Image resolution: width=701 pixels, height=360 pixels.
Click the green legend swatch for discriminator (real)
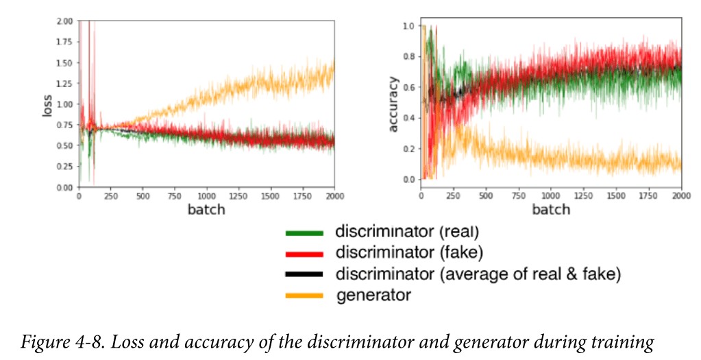coord(304,232)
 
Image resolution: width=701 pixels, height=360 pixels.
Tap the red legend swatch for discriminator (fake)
coord(304,253)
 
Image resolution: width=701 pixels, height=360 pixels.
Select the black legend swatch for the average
coord(304,274)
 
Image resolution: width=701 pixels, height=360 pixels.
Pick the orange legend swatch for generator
coord(304,296)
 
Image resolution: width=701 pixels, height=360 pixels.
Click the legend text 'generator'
coord(373,296)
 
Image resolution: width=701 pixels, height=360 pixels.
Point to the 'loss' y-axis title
coord(47,104)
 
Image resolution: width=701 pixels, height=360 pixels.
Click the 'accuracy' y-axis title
coord(393,105)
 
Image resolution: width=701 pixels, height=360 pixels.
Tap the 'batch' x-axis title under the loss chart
coord(206,209)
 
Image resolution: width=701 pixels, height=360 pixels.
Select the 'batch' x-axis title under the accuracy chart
coord(551,209)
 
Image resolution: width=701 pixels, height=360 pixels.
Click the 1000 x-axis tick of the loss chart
coord(206,196)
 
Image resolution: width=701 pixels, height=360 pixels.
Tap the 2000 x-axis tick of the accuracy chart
coord(680,195)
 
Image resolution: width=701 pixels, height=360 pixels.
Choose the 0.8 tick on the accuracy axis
coord(410,56)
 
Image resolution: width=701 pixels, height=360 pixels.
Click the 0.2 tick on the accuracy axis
coord(410,149)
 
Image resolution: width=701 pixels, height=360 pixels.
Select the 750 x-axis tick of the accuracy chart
coord(518,195)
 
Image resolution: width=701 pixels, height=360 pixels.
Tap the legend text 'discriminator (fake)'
coord(409,253)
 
